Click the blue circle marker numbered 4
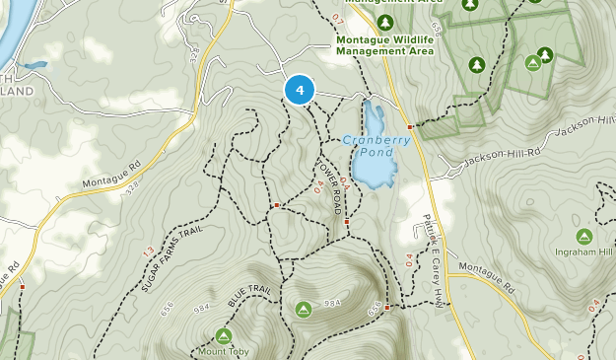coord(300,90)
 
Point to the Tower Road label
coord(333,187)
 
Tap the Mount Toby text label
coord(223,351)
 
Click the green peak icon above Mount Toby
coord(224,335)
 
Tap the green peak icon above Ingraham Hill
coord(583,236)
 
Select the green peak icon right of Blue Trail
coord(303,310)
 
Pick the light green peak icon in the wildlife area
coord(533,63)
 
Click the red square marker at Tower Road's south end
coord(347,223)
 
